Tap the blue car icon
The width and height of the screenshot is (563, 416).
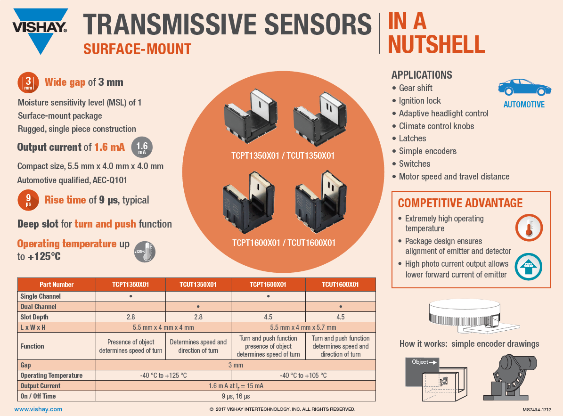point(524,88)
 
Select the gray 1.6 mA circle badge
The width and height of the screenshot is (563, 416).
point(142,147)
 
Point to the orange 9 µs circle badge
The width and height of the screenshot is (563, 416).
point(28,200)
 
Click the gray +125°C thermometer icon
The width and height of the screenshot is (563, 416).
point(145,252)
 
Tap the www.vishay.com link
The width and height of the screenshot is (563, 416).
point(38,409)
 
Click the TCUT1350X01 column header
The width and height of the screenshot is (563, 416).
point(198,285)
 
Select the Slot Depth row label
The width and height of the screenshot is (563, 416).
point(34,317)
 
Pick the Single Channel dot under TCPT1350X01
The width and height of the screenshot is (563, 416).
point(131,296)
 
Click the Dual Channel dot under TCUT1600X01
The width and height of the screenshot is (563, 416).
point(341,307)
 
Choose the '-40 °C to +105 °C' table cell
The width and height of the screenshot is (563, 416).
point(303,375)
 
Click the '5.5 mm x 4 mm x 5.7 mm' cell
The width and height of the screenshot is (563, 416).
point(303,327)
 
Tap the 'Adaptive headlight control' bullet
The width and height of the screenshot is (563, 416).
point(443,114)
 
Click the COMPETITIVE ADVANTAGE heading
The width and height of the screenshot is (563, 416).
point(460,203)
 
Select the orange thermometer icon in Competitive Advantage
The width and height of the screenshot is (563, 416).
point(529,227)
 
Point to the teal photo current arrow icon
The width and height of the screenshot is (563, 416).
point(529,267)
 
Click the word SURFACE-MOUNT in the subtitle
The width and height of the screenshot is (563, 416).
point(137,49)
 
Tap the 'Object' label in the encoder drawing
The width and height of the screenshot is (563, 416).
point(420,362)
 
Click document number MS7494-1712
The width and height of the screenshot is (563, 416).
point(536,409)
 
